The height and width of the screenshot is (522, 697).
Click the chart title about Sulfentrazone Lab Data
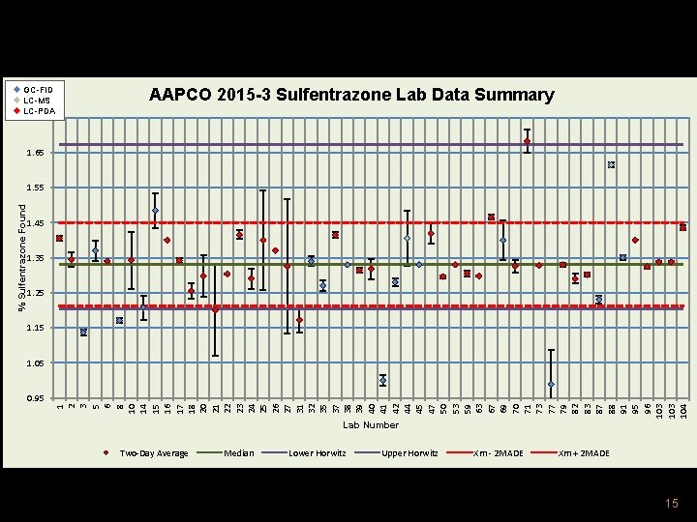coord(351,95)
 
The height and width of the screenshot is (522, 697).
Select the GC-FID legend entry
coord(39,89)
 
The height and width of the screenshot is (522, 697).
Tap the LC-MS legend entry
coord(39,100)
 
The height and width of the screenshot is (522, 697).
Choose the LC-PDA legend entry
coord(40,111)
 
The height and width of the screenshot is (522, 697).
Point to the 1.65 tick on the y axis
coord(36,153)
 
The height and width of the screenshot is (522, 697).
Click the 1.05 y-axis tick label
coord(36,363)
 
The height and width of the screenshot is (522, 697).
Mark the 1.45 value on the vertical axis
coord(36,223)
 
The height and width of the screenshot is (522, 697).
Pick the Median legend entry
coord(238,452)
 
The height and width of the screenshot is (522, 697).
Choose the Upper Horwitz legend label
coord(409,452)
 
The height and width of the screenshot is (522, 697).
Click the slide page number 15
coord(672,503)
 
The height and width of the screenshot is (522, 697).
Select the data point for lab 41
coord(383,381)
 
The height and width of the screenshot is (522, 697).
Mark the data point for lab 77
coord(551,384)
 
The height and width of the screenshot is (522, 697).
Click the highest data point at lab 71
coord(527,141)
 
